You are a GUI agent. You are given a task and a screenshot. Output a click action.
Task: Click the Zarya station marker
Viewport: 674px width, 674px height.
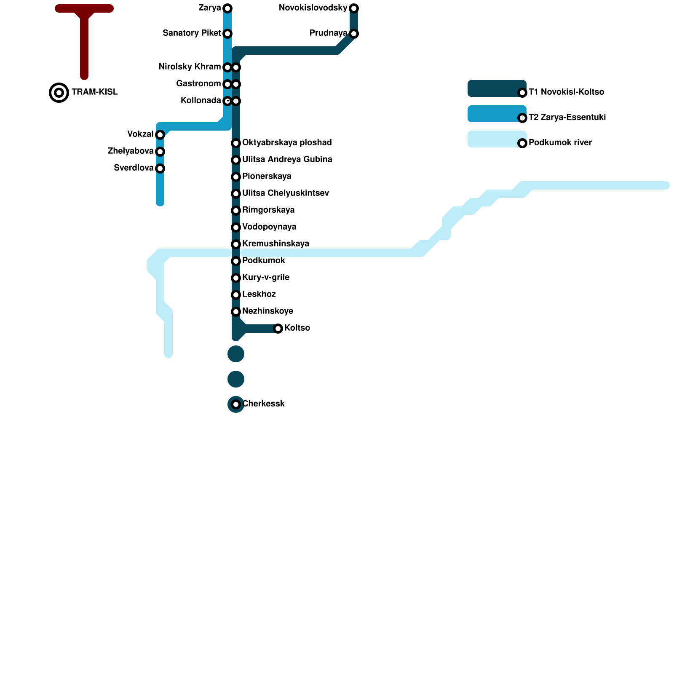tap(227, 8)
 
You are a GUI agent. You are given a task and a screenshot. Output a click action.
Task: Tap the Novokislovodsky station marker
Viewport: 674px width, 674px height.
tap(354, 8)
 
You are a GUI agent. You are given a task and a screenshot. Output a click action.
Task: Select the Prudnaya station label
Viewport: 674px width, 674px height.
tap(328, 33)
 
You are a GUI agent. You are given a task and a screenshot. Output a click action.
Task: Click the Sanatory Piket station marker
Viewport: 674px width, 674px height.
tap(227, 34)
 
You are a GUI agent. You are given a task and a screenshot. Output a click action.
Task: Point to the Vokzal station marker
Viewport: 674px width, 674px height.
tap(160, 135)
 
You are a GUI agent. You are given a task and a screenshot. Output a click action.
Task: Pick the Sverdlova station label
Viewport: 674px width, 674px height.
tap(134, 168)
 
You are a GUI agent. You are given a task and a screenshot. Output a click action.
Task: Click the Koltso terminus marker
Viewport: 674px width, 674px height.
tap(278, 329)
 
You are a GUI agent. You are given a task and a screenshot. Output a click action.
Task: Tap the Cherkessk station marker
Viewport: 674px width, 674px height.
tap(236, 404)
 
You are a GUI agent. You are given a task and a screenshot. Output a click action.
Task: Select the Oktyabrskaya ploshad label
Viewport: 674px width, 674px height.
tap(287, 143)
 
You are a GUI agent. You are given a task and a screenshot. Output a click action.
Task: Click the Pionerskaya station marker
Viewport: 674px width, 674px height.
tap(236, 177)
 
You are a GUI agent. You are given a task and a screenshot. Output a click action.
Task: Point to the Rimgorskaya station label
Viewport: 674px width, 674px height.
tap(268, 210)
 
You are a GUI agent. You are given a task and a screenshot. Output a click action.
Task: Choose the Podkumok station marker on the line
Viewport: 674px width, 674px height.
tap(236, 261)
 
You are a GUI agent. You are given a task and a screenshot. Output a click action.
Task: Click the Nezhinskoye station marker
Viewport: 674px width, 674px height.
tap(236, 312)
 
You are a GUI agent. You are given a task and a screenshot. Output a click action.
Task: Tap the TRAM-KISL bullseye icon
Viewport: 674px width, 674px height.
tap(59, 93)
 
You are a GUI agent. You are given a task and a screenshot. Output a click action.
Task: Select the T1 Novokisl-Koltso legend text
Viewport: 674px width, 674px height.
tap(566, 92)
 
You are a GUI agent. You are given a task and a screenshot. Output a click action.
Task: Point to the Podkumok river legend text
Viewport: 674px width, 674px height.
tap(560, 143)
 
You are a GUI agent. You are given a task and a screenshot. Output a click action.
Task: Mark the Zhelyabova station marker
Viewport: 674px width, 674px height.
tap(160, 152)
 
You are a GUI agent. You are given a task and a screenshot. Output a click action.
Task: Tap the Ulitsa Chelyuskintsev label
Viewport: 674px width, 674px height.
tap(286, 193)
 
